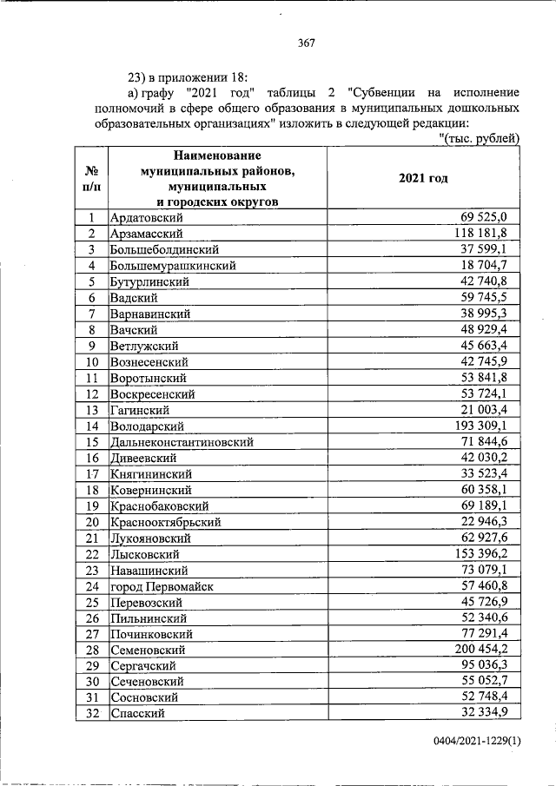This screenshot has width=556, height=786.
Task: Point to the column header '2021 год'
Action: pos(423,177)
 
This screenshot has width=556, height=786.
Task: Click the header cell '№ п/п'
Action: pos(90,179)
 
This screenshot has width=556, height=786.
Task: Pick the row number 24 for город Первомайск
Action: pos(90,585)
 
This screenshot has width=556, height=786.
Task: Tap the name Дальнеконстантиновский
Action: pos(182,442)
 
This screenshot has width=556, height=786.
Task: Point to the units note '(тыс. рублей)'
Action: pos(480,138)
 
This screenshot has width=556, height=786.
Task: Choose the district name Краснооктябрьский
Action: pos(165,522)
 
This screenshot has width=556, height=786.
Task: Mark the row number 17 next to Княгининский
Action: pos(90,474)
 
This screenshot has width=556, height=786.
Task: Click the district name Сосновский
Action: pos(144,697)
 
